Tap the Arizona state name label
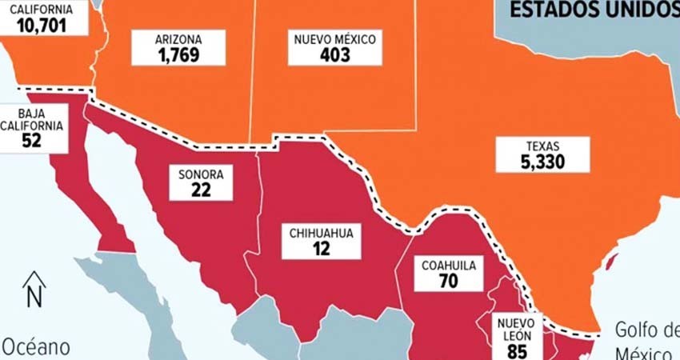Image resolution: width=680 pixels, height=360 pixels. pos(178,38)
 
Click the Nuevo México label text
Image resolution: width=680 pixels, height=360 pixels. pos(334,38)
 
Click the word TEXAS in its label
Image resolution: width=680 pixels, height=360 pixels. pos(542,146)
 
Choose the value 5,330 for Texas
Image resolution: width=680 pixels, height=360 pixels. pos(542,162)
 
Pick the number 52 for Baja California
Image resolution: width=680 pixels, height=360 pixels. pos(32,141)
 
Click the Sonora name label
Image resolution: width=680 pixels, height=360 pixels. pos(201,174)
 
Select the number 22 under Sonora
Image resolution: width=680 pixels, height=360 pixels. pos(201,190)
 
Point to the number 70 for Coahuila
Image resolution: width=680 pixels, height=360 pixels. pos(449,282)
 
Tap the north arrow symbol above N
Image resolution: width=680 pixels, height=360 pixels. pos(34,279)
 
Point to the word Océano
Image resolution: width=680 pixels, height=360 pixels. pos(35,348)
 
